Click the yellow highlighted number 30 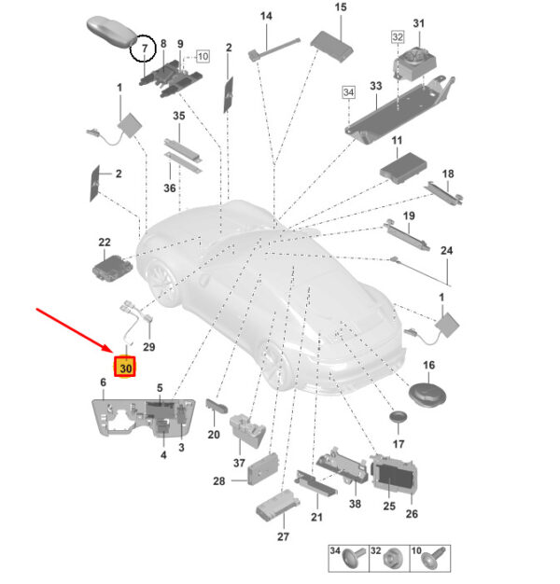click(126, 368)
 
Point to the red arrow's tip click(112, 352)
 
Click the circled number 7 click(144, 49)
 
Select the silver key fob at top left click(112, 32)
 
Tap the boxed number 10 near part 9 click(203, 57)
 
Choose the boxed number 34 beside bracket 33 click(348, 92)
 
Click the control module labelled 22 click(112, 268)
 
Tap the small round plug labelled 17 click(398, 416)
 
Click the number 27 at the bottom click(283, 536)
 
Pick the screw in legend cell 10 click(434, 557)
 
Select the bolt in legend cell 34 click(353, 558)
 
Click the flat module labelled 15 click(331, 47)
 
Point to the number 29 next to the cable click(148, 347)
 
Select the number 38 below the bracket click(355, 504)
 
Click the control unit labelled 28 click(262, 469)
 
